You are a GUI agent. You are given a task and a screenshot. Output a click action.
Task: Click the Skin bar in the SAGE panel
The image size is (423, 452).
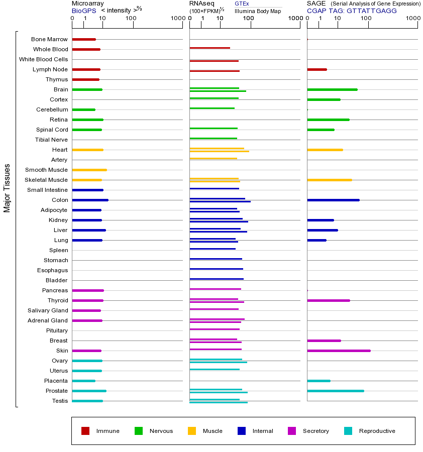(x=339, y=351)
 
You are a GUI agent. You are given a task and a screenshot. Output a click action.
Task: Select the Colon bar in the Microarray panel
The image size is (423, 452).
(x=90, y=200)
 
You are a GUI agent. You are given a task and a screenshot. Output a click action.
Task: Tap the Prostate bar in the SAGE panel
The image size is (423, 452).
(x=335, y=391)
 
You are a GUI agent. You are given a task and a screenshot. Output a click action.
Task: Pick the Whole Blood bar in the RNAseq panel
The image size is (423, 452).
(x=209, y=48)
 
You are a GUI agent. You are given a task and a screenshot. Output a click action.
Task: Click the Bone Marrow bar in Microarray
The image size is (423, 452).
(x=84, y=39)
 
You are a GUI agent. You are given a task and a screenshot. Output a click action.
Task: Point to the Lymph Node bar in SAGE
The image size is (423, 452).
(x=316, y=69)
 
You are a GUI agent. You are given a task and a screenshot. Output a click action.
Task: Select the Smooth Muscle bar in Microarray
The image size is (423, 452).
(x=89, y=170)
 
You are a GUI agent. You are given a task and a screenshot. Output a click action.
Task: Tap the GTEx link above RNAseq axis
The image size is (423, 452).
(x=242, y=4)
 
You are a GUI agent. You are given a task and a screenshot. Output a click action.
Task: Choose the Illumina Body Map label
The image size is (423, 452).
(x=258, y=11)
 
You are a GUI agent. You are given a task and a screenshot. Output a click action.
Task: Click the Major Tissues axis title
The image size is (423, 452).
(x=7, y=188)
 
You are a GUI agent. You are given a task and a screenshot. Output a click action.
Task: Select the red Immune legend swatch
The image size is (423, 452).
(x=85, y=431)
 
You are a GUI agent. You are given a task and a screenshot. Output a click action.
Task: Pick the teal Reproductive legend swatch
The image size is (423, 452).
(x=348, y=431)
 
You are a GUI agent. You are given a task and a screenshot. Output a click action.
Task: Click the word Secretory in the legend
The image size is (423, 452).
(x=315, y=431)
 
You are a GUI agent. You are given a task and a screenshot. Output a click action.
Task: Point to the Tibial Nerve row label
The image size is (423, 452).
(x=51, y=140)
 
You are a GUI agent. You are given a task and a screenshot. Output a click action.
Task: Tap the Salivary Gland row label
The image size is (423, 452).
(x=48, y=310)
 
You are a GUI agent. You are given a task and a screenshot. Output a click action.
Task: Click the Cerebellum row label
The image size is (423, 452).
(x=52, y=109)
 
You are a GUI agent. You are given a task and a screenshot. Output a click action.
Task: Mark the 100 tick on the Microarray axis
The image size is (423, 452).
(x=131, y=19)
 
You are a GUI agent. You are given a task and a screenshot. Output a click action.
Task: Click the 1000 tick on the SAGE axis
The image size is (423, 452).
(x=413, y=19)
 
